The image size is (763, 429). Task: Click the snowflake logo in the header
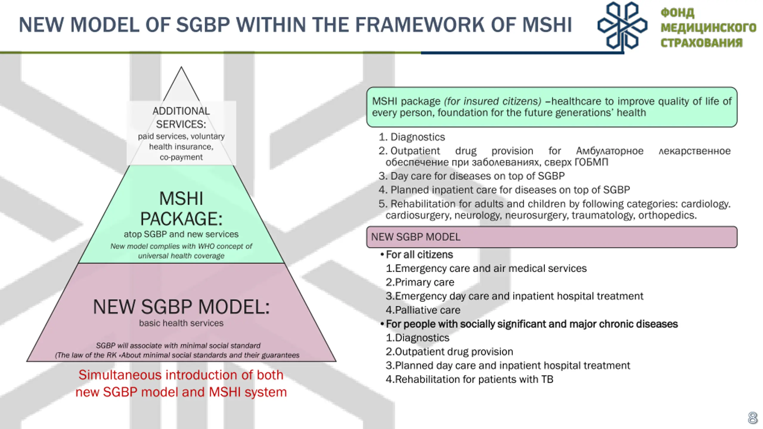point(622,26)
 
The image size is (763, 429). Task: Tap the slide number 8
point(753,418)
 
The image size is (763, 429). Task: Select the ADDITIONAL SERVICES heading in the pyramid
point(181,117)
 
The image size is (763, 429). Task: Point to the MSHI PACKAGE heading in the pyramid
point(181,209)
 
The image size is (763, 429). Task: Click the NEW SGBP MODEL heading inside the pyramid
point(181,307)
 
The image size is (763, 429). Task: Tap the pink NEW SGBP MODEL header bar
point(551,237)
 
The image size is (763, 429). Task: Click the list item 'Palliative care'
point(423,310)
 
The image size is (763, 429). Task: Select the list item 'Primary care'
point(420,282)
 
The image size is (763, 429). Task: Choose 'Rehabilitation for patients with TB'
point(470,379)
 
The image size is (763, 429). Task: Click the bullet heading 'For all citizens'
point(419,255)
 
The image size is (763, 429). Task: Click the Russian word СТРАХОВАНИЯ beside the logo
point(701,43)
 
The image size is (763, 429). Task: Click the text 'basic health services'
point(181,323)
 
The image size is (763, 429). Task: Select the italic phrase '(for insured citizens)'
point(492,101)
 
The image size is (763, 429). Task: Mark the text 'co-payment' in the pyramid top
point(181,157)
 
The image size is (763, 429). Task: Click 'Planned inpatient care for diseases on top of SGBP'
point(510,190)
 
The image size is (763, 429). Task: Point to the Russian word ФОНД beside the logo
point(677,13)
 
